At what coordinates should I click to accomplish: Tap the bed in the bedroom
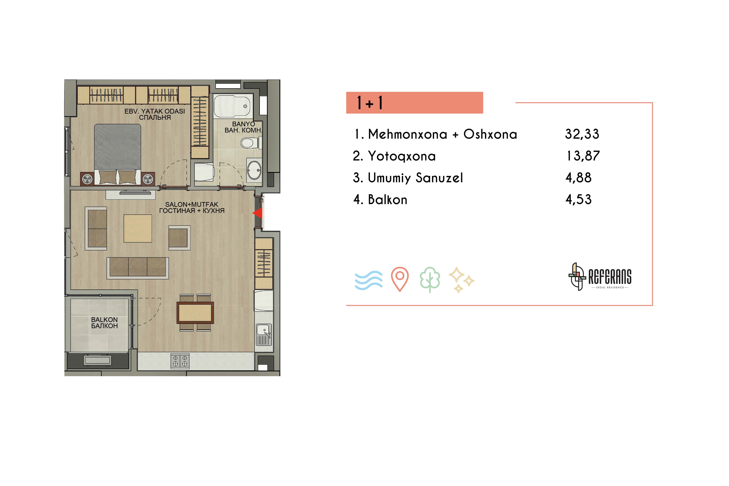[x=117, y=155]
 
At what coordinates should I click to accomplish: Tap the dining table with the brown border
[x=195, y=313]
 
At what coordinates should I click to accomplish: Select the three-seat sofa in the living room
[x=138, y=268]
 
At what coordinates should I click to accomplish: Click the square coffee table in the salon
[x=138, y=228]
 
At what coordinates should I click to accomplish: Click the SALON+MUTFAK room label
[x=192, y=205]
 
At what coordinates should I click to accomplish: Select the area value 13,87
[x=583, y=156]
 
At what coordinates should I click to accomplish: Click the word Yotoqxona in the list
[x=402, y=156]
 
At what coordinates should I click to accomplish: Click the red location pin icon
[x=400, y=279]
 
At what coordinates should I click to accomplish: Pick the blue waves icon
[x=369, y=280]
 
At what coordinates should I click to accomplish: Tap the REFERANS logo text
[x=610, y=277]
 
